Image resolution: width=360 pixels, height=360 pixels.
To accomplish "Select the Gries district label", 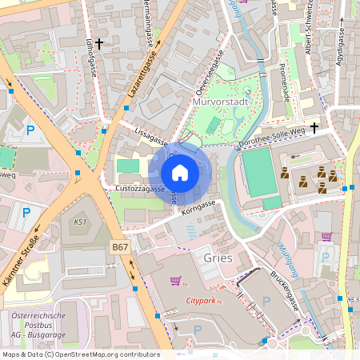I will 218,258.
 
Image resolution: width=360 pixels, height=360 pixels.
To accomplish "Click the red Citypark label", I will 201,301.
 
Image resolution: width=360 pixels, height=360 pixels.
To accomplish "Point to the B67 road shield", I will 120,248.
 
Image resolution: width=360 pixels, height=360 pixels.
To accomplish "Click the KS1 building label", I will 80,222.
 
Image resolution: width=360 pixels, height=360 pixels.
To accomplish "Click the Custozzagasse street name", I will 140,190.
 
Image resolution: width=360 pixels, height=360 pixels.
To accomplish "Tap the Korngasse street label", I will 199,206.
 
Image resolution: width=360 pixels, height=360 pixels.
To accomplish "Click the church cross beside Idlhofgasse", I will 99,43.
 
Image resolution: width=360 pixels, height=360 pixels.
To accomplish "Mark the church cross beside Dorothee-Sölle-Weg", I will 314,127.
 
